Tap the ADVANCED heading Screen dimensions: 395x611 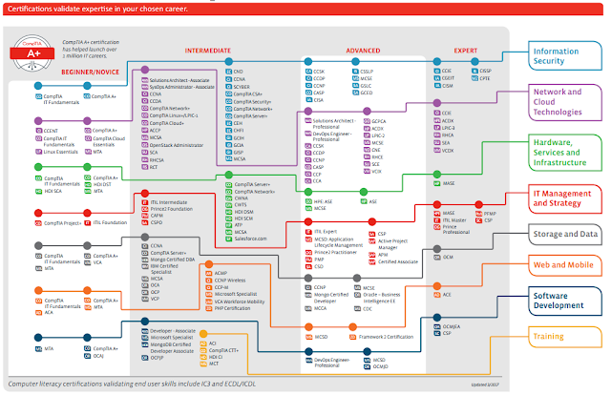[x=363, y=49]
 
